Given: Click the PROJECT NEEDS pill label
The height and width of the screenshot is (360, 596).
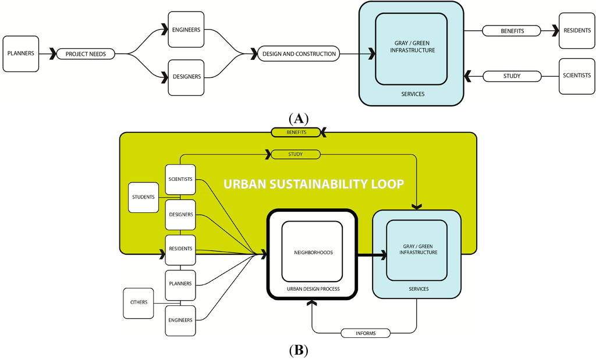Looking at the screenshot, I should point(85,54).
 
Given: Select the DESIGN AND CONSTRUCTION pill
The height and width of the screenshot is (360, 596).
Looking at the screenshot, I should point(299,54).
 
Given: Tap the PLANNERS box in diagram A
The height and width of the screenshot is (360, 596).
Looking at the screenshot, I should point(21,54).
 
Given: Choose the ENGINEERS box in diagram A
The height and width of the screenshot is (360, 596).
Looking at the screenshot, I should point(186,30).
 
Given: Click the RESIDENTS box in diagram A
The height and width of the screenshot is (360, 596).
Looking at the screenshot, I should point(577,30).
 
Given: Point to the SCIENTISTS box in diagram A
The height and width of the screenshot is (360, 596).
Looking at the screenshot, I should point(577,76).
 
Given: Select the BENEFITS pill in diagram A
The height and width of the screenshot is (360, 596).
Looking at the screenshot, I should point(512,30).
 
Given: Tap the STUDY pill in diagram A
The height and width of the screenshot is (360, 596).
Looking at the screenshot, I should point(512,76).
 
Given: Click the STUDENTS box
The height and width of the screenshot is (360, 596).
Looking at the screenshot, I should point(143,197).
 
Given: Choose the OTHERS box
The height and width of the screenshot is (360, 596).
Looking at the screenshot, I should point(139,302).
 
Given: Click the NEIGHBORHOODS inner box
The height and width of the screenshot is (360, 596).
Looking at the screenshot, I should point(312,252).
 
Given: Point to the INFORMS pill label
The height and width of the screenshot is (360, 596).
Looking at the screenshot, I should point(366,333).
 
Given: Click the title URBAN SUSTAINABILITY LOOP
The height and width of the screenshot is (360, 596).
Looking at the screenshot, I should point(314,184).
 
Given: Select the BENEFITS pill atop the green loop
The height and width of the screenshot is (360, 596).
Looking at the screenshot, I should point(296,133).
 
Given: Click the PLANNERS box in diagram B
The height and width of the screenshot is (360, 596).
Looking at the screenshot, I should point(180,284).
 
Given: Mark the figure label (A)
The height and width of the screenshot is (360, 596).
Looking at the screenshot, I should point(298,119).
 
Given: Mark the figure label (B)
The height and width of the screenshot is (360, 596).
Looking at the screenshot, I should point(298,351).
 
